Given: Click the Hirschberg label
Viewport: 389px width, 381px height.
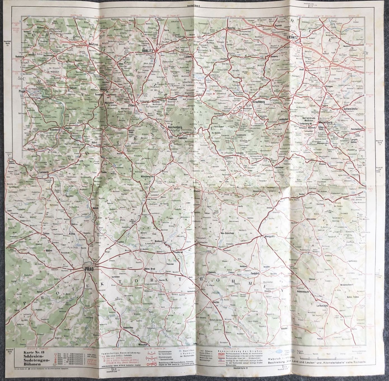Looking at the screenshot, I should pyautogui.click(x=258, y=103).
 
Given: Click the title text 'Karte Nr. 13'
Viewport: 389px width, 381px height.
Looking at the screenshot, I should pyautogui.click(x=31, y=357).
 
